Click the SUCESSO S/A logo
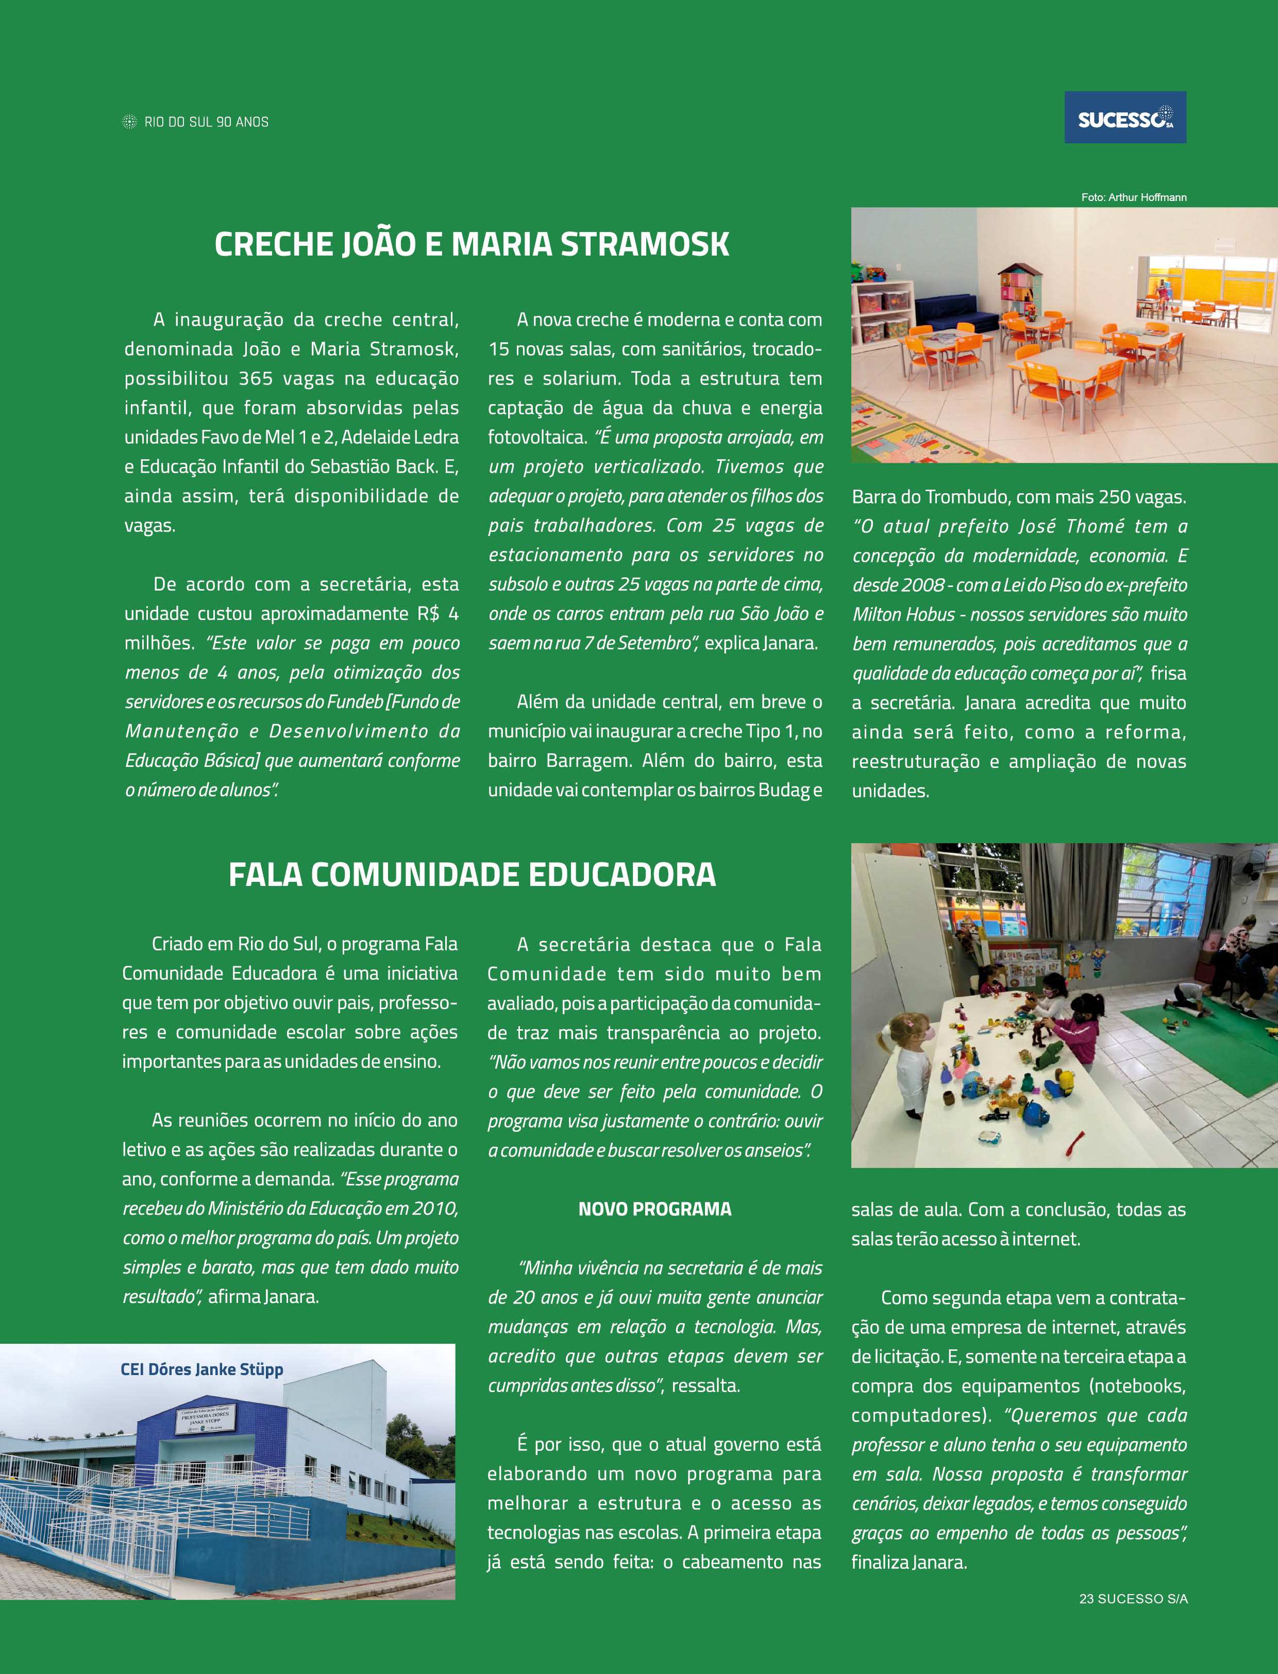(1124, 118)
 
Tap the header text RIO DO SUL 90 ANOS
(206, 122)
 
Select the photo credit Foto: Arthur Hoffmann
(1134, 197)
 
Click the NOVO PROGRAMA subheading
(654, 1209)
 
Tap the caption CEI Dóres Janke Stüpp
(201, 1369)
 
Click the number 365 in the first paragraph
(256, 378)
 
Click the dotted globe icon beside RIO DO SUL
(129, 122)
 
